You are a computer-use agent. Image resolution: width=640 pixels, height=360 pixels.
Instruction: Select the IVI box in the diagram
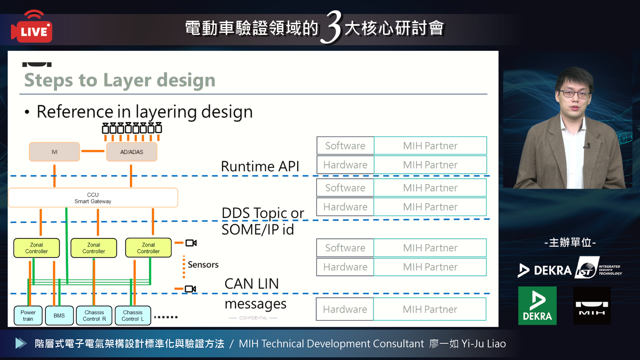(54, 152)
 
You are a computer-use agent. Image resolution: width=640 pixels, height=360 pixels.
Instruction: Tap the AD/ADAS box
(132, 152)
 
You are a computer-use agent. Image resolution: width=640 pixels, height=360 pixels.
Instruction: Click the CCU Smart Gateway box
(93, 198)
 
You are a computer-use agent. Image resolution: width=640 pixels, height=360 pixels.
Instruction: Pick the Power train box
(28, 315)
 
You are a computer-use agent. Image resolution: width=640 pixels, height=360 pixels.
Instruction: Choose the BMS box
(59, 315)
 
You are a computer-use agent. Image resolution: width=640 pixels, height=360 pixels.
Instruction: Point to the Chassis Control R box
(94, 315)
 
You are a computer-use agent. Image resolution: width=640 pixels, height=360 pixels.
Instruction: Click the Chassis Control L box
(133, 315)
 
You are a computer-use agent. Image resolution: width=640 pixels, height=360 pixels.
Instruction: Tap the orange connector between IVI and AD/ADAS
(93, 151)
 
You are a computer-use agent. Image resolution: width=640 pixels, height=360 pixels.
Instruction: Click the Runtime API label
(260, 166)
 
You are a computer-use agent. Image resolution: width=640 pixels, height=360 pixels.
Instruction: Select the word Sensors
(203, 265)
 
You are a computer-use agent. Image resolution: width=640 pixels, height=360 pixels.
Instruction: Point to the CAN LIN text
(252, 284)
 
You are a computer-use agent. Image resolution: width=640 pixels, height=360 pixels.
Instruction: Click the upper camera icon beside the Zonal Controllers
(191, 243)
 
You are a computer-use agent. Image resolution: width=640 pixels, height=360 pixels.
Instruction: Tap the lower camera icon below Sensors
(190, 289)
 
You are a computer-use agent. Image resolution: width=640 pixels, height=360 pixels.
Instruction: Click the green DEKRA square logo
(537, 306)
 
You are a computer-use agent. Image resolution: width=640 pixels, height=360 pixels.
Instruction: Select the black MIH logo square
(592, 306)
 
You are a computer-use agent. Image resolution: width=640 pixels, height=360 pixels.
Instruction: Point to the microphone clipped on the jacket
(588, 146)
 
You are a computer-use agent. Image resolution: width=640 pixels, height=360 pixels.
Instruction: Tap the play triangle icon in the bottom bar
(21, 343)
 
